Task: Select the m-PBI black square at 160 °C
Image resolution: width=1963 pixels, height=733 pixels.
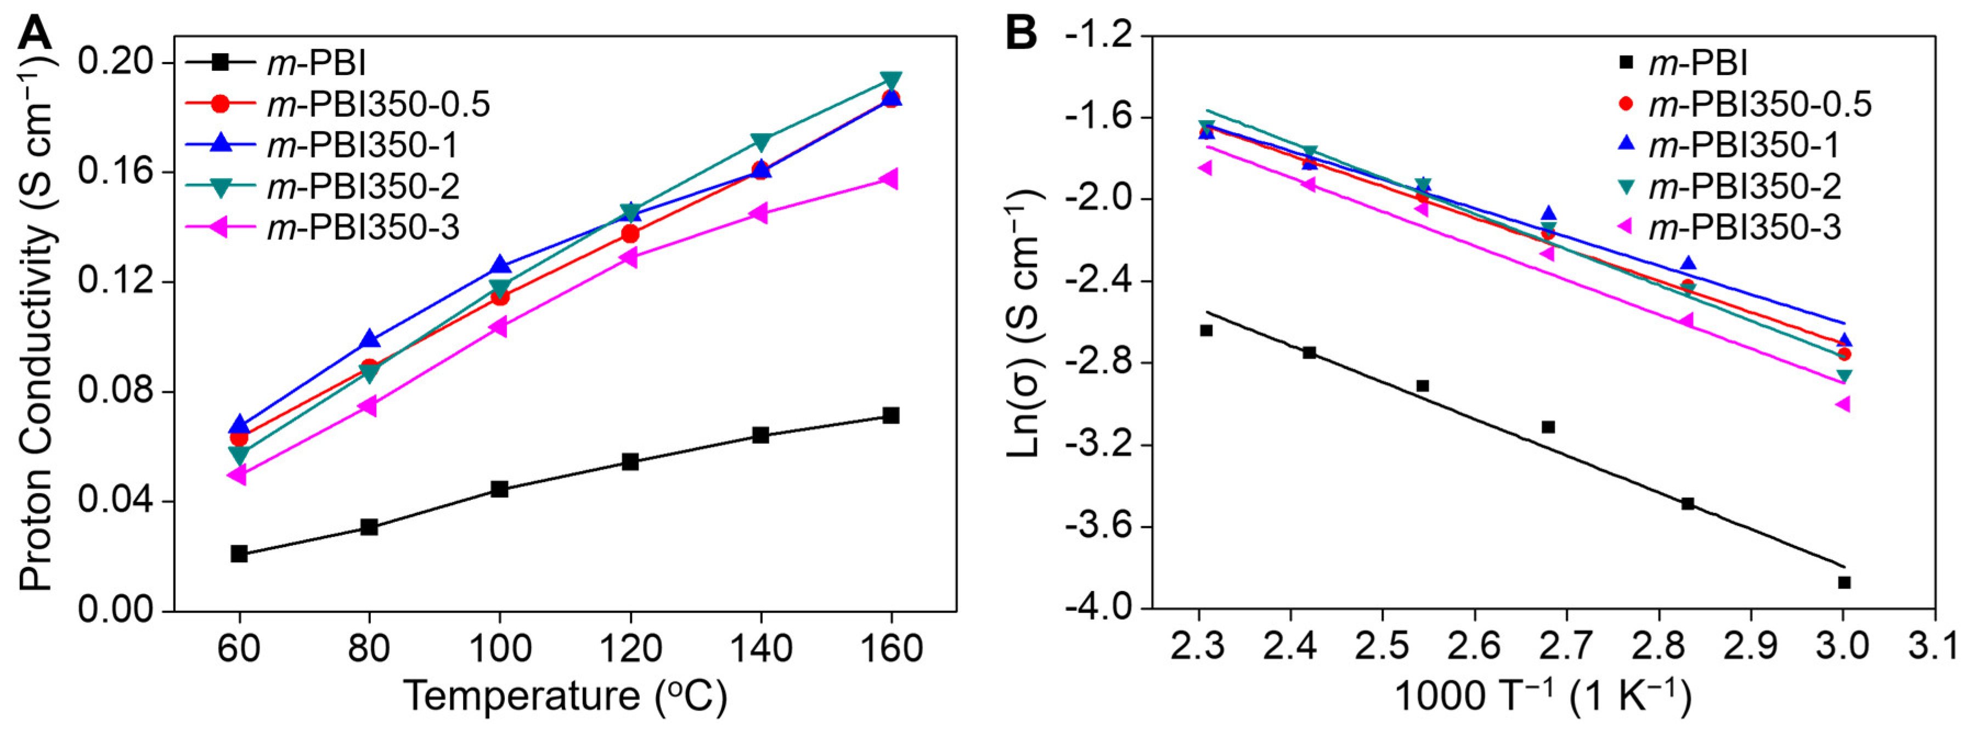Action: click(890, 415)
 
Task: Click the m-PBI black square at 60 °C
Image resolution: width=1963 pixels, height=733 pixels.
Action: click(239, 553)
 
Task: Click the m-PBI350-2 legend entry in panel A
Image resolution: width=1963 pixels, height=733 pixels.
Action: click(362, 187)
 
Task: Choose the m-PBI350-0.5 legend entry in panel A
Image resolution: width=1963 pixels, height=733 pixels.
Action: click(377, 104)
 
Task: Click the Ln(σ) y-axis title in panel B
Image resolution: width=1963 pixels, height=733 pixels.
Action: click(1024, 324)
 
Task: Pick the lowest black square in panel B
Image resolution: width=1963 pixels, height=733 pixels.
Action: click(1844, 582)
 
